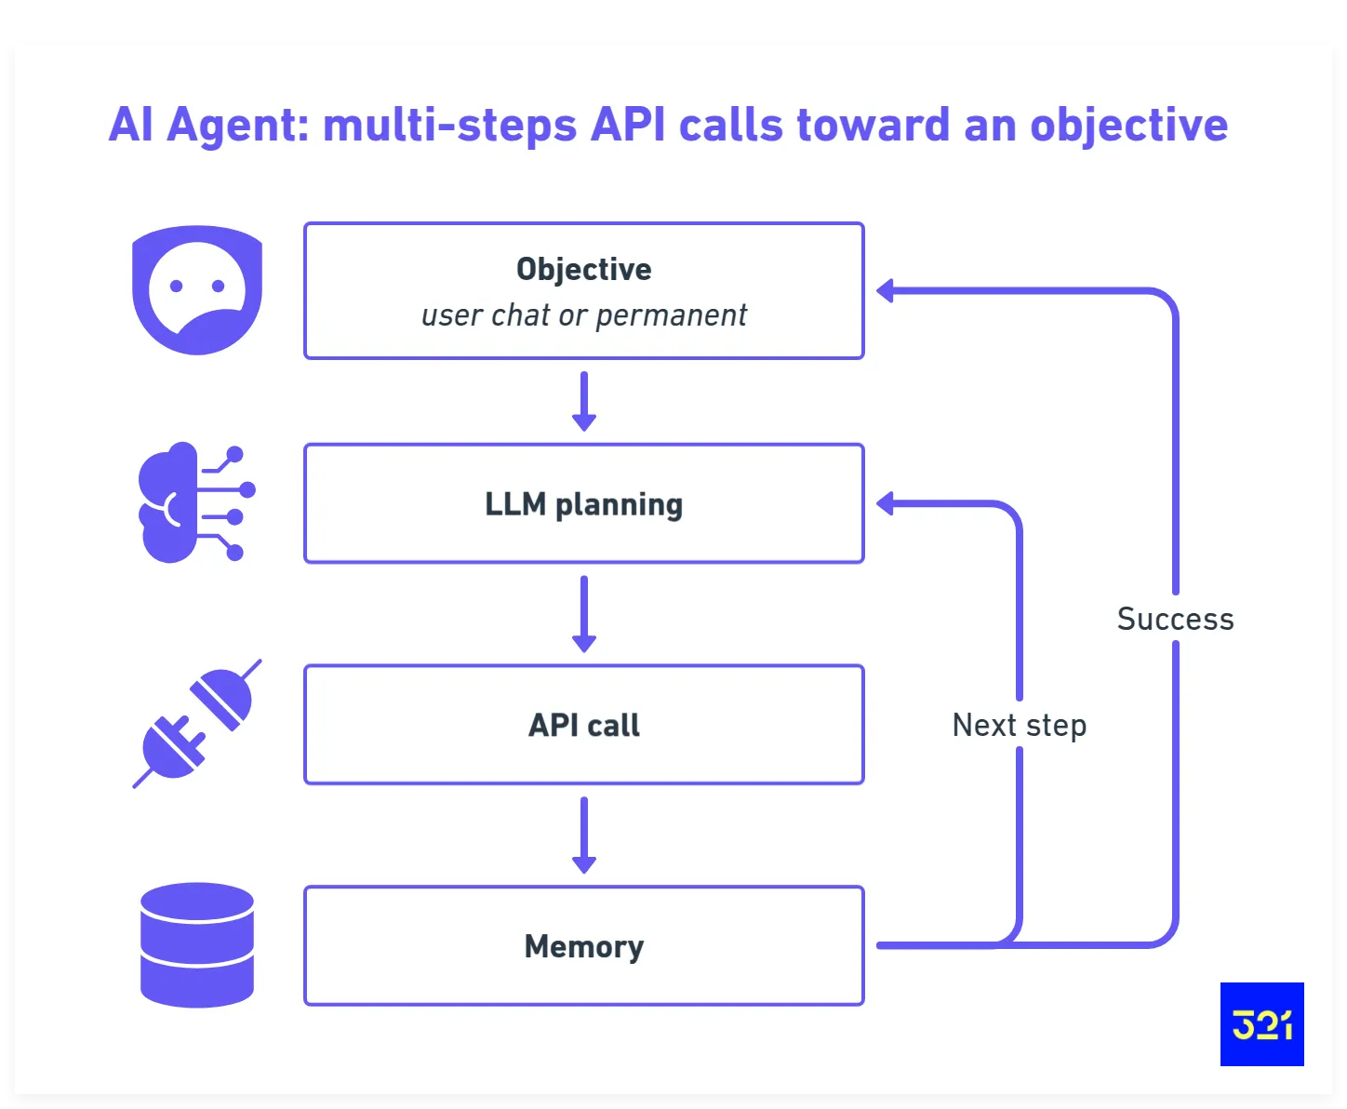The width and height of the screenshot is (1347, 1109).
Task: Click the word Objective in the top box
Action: coord(583,269)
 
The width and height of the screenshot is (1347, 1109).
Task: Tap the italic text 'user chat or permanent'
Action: coord(583,315)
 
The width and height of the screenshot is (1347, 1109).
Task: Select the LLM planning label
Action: coord(583,504)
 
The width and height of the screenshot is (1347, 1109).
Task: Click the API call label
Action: coord(583,725)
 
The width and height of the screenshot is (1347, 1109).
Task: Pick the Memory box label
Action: coord(583,946)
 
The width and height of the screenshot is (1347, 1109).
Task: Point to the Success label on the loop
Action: coord(1175,619)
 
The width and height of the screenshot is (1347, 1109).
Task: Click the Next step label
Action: coord(1019,725)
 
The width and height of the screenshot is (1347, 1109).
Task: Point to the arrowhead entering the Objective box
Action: coord(886,291)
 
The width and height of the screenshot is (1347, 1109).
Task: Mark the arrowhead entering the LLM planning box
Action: coord(886,504)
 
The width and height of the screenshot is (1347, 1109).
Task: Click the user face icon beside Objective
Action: coord(197,289)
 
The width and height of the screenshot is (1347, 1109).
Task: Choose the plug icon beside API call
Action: coord(197,724)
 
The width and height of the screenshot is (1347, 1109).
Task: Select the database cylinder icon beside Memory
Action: coord(197,945)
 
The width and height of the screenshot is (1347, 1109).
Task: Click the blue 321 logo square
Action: coord(1261,1023)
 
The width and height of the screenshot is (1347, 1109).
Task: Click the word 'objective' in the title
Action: coord(1128,125)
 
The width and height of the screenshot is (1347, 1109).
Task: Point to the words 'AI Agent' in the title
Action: coord(204,125)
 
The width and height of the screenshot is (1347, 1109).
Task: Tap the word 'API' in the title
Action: coord(628,125)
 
